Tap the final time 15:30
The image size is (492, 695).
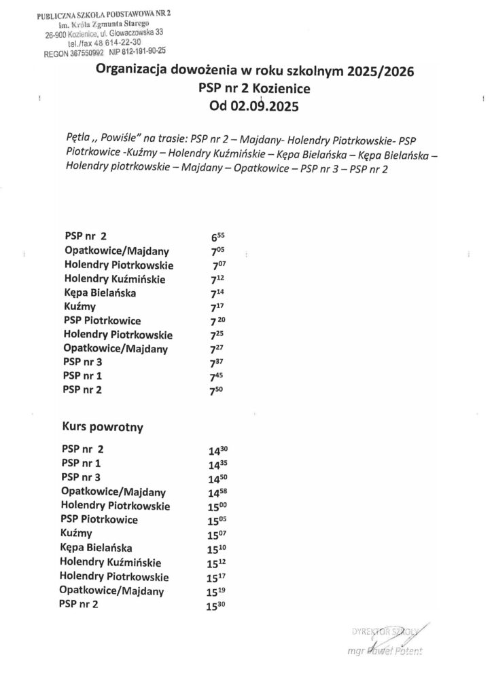pos(217,605)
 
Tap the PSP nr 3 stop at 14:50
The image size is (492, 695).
pos(81,478)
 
